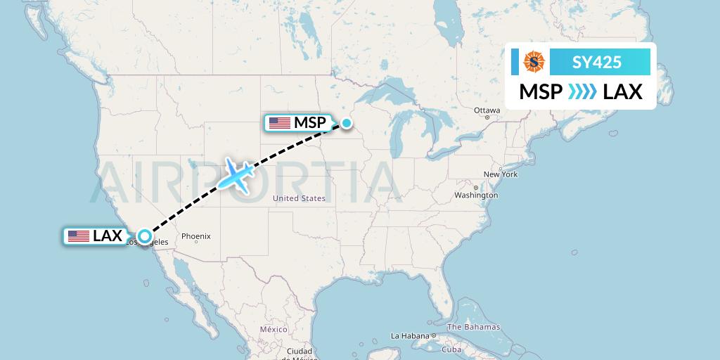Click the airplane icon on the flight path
(237, 174)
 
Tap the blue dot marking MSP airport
(347, 123)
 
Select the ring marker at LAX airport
(144, 237)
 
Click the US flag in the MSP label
(279, 123)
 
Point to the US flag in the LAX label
(79, 236)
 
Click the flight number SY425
(597, 62)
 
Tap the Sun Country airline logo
(534, 62)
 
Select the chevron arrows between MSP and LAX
(583, 91)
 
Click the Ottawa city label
(487, 110)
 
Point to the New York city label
(500, 174)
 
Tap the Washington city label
(476, 195)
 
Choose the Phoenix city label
(196, 236)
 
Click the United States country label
(299, 198)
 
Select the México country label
(274, 329)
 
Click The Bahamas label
(473, 327)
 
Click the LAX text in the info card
(623, 91)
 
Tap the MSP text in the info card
(541, 91)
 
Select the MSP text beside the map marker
(310, 123)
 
